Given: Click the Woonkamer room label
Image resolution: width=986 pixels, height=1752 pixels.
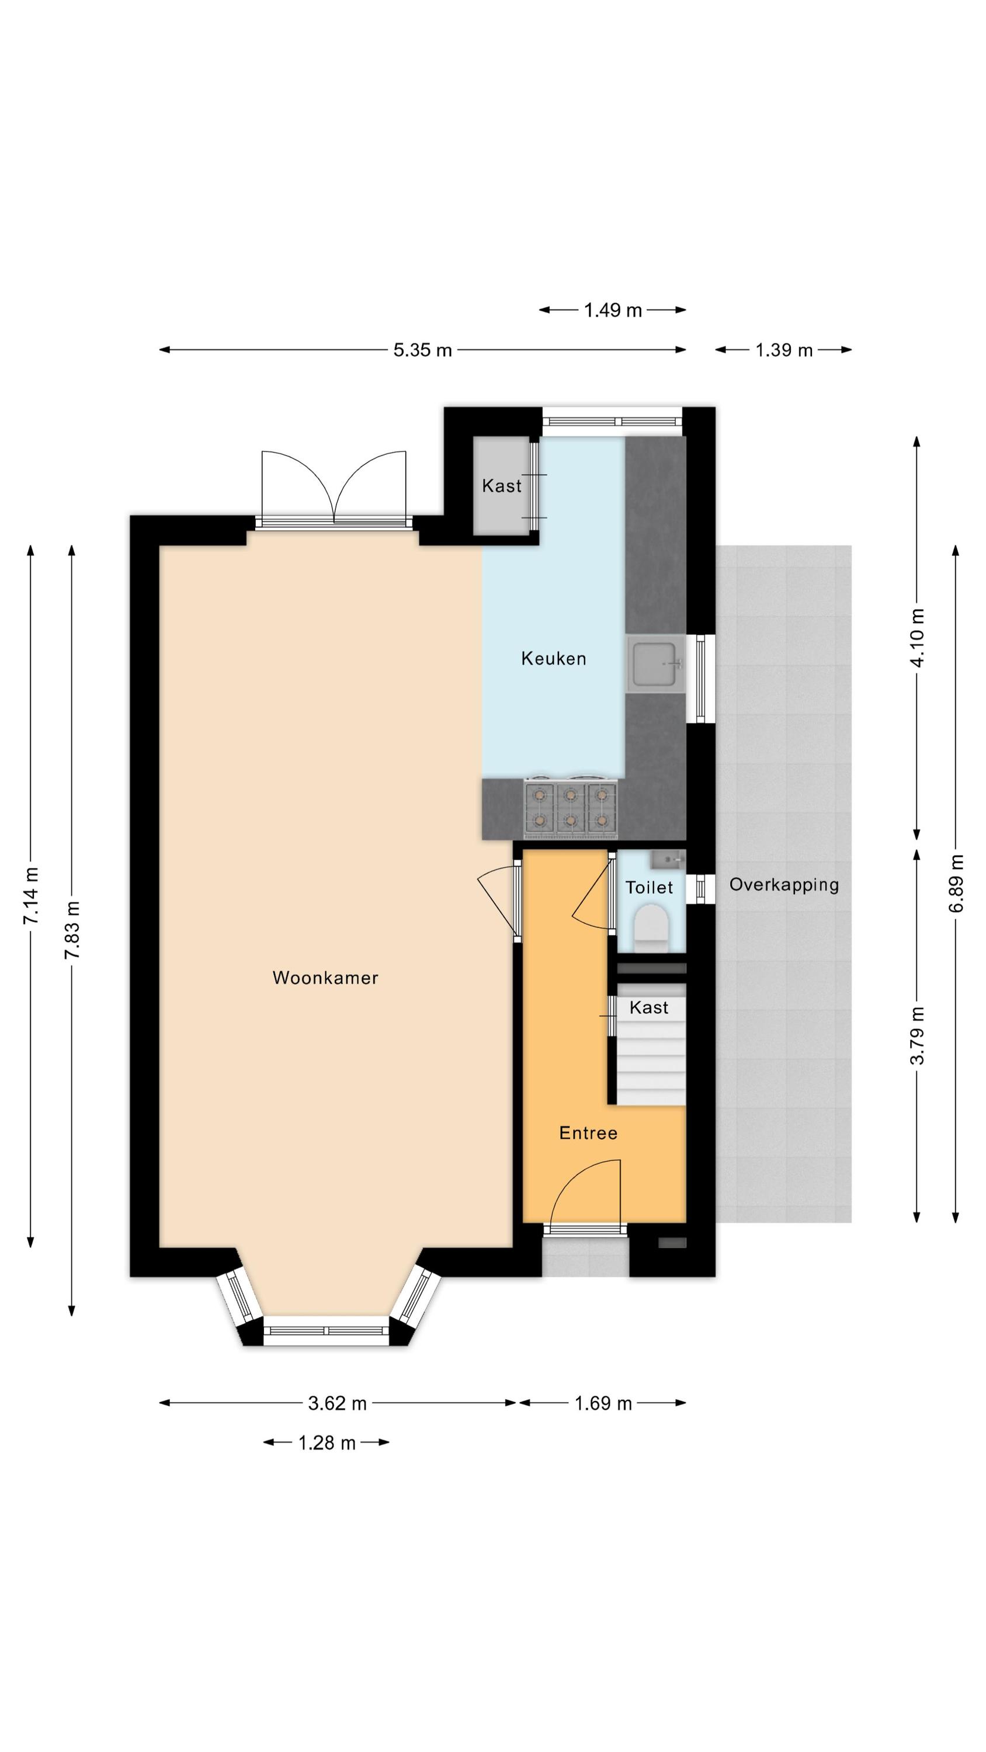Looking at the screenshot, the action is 325,978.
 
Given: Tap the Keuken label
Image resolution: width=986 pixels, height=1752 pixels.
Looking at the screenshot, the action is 553,658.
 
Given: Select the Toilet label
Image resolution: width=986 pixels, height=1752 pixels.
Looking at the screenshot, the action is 649,887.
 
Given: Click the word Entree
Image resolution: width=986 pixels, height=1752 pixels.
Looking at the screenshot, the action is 588,1132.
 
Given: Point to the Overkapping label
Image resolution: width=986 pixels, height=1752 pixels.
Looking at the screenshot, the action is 784,885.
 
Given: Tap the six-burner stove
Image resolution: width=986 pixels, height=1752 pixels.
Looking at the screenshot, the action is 570,807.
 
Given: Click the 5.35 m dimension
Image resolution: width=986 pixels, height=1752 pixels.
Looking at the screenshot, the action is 422,350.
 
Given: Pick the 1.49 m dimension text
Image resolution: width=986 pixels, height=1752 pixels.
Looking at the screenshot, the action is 612,310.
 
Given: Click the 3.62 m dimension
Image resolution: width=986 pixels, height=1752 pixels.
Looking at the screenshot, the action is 337,1403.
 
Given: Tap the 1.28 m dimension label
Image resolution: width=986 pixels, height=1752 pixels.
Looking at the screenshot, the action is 327,1442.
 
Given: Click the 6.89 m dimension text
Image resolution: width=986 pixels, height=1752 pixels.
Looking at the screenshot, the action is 957,884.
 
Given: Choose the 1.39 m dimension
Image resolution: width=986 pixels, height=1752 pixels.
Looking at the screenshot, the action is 784,350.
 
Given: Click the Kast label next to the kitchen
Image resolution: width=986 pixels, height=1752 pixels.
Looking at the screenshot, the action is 502,486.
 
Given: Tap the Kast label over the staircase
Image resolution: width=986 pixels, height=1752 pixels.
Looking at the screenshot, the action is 648,1007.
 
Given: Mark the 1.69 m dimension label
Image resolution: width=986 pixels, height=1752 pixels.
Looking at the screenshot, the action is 603,1403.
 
